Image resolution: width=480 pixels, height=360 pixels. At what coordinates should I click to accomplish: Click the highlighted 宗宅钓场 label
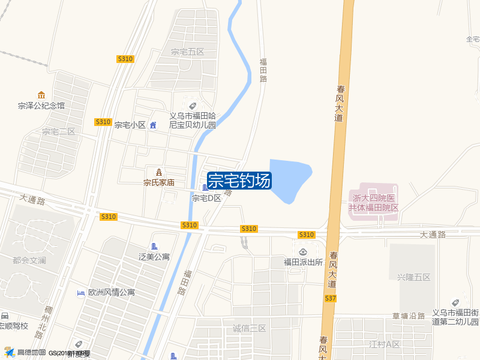point(239,181)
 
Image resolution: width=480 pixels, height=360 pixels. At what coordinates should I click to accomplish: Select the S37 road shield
point(330,298)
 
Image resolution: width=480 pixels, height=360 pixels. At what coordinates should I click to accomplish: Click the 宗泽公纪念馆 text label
point(41,106)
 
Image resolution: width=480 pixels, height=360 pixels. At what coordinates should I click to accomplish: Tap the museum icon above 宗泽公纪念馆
point(41,95)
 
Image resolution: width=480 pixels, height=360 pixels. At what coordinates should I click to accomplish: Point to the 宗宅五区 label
point(188,52)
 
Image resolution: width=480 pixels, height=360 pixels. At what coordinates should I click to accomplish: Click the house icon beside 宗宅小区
point(153,125)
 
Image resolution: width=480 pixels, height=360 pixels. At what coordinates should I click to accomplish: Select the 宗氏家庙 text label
point(159,182)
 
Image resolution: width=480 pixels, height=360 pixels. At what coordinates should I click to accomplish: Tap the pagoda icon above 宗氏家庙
point(159,172)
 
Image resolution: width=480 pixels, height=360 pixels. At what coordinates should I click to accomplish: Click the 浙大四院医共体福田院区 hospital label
point(374,203)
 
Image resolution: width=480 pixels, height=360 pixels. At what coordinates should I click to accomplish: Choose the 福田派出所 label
point(304,262)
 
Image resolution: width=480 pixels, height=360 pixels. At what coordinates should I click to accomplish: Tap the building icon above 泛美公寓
point(154,247)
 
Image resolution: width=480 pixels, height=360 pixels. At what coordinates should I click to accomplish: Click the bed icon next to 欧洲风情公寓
point(80,293)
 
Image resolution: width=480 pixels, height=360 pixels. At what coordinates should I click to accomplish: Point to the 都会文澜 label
point(29,261)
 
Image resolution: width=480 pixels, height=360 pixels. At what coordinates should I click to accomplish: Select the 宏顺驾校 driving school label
point(13,326)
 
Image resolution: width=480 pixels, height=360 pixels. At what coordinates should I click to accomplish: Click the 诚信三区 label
point(249,328)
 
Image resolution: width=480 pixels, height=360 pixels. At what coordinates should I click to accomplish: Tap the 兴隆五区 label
point(414,277)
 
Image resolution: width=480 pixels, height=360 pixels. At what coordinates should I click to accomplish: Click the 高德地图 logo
point(25,353)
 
